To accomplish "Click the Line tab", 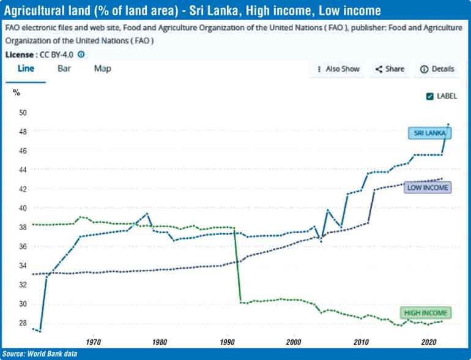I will coord(26,69).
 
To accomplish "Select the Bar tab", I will coord(64,69).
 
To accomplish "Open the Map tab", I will coord(103,69).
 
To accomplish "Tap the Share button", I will coord(390,69).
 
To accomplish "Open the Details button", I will coord(437,69).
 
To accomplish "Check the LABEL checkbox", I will coord(430,96).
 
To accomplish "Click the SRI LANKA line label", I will coord(428,133).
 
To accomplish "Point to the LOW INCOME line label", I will coord(428,188).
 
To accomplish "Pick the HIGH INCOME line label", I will coord(426,313).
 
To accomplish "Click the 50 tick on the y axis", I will coord(23,113).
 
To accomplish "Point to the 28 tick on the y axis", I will coord(23,323).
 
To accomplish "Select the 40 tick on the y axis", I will coord(23,208).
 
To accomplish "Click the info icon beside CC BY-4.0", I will coord(81,54).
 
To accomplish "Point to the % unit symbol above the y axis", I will coord(17,92).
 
